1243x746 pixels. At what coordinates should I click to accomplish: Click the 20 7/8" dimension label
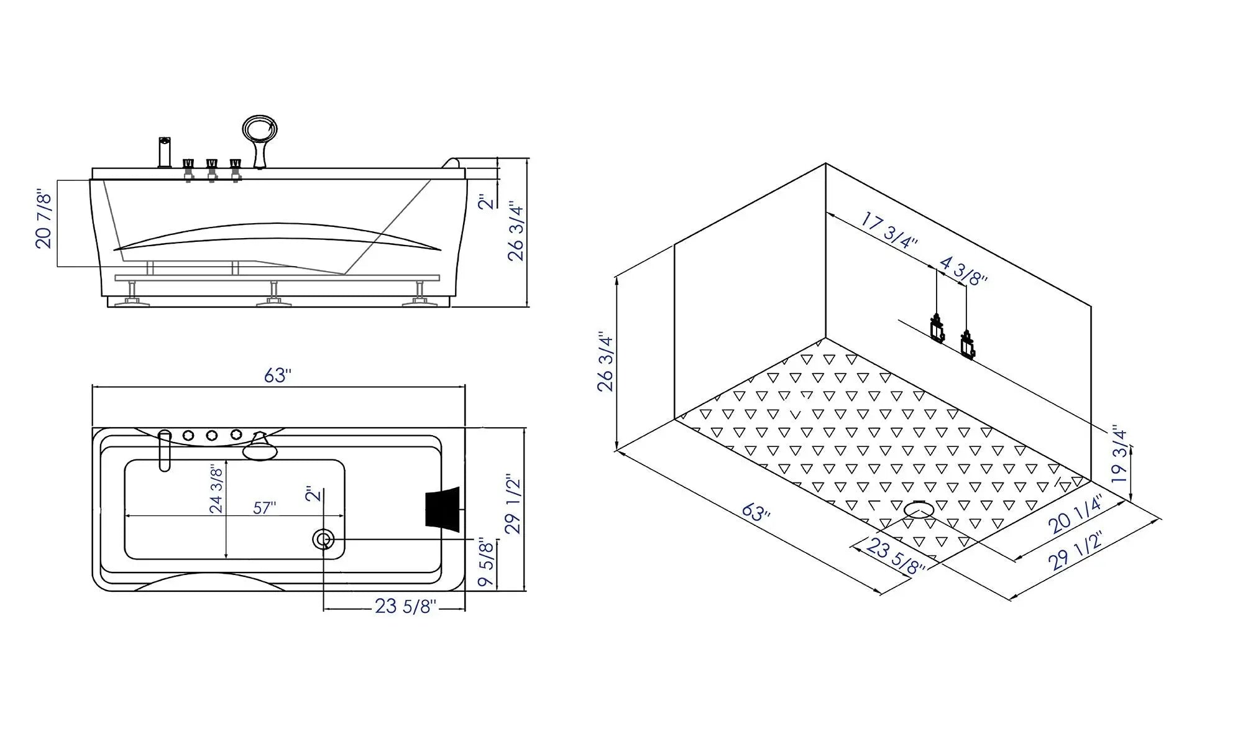click(44, 220)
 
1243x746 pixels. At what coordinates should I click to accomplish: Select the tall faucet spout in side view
click(165, 152)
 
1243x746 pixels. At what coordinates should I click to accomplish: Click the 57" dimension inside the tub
click(265, 508)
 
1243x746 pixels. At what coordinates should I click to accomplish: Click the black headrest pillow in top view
click(443, 509)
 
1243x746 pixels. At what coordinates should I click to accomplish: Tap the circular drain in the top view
click(324, 540)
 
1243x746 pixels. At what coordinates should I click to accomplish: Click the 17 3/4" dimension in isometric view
click(889, 230)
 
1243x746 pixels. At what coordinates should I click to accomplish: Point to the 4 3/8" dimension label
click(963, 271)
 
